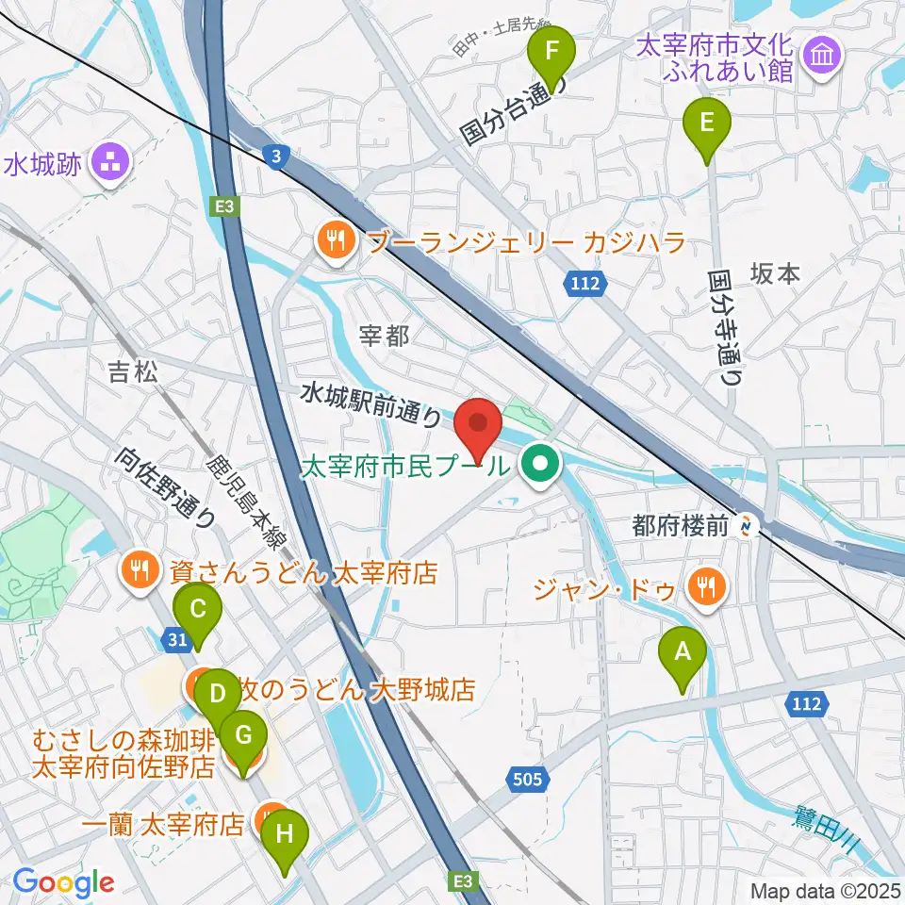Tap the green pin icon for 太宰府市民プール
click(x=541, y=464)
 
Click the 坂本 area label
click(x=775, y=273)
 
